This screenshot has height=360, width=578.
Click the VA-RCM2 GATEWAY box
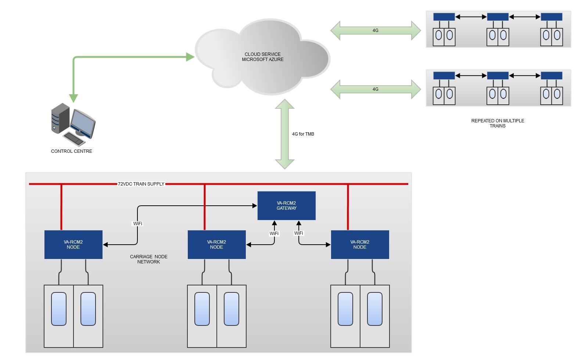pyautogui.click(x=286, y=206)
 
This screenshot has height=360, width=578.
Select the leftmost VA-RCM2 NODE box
pyautogui.click(x=73, y=245)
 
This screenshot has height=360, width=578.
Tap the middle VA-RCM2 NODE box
pyautogui.click(x=216, y=245)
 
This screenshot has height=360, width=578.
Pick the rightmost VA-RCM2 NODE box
pyautogui.click(x=360, y=245)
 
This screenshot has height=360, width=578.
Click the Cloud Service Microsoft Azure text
pyautogui.click(x=262, y=57)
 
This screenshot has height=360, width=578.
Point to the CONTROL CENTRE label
pyautogui.click(x=72, y=151)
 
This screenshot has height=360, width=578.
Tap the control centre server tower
pyautogui.click(x=60, y=118)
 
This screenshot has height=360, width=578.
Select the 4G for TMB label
pyautogui.click(x=303, y=134)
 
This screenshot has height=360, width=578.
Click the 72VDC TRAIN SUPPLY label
pyautogui.click(x=141, y=184)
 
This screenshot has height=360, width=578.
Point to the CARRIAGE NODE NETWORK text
pyautogui.click(x=148, y=259)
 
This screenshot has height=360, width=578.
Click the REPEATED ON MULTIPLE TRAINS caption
pyautogui.click(x=498, y=123)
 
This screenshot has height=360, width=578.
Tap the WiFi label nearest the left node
pyautogui.click(x=137, y=223)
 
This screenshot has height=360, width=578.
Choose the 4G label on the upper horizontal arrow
pyautogui.click(x=375, y=30)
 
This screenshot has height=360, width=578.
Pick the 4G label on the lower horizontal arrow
pyautogui.click(x=375, y=89)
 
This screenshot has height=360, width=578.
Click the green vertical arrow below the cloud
pyautogui.click(x=285, y=134)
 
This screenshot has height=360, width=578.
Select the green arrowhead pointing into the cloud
pyautogui.click(x=190, y=57)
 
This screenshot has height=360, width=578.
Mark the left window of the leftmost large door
pyautogui.click(x=59, y=309)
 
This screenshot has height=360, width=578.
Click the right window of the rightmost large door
pyautogui.click(x=374, y=309)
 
